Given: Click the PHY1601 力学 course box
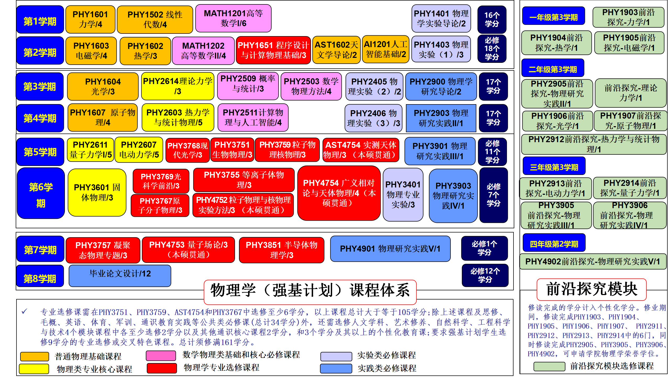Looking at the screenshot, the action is pyautogui.click(x=90, y=19).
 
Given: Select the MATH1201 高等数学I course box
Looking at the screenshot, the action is pyautogui.click(x=233, y=18).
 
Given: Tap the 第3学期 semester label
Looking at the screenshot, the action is pyautogui.click(x=40, y=87).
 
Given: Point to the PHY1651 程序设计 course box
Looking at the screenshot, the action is pyautogui.click(x=273, y=50).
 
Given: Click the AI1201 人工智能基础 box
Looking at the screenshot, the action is pyautogui.click(x=386, y=49).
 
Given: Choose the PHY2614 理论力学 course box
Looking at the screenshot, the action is pyautogui.click(x=178, y=86).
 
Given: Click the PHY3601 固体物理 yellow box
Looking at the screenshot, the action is pyautogui.click(x=97, y=192).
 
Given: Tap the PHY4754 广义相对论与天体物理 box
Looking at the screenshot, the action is pyautogui.click(x=339, y=193).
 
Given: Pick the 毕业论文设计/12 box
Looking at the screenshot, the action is pyautogui.click(x=120, y=276).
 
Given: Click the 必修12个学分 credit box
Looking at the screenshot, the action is pyautogui.click(x=485, y=275).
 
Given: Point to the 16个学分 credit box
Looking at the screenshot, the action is pyautogui.click(x=492, y=19).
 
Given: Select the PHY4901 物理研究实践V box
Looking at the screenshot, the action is pyautogui.click(x=390, y=249).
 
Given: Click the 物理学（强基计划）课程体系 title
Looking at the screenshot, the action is pyautogui.click(x=310, y=290).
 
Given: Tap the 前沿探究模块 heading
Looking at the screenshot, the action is pyautogui.click(x=592, y=289).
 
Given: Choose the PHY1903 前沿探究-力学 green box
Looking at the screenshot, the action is pyautogui.click(x=628, y=17).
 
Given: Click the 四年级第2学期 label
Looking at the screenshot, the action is pyautogui.click(x=554, y=244).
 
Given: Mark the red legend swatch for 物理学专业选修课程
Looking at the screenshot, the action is pyautogui.click(x=162, y=368).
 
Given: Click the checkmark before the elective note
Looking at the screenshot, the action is pyautogui.click(x=24, y=311).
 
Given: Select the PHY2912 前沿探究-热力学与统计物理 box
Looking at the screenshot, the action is pyautogui.click(x=594, y=144).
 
